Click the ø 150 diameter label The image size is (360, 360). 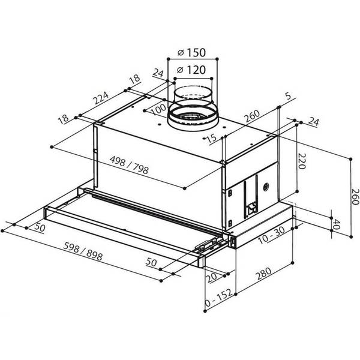click(192, 53)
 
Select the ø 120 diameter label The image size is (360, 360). click(191, 70)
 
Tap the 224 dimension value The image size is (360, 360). click(101, 98)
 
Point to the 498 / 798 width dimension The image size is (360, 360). click(129, 165)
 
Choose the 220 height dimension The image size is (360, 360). click(302, 161)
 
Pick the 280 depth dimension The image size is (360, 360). click(264, 274)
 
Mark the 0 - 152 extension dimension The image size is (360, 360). click(218, 298)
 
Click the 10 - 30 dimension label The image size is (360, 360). click(272, 235)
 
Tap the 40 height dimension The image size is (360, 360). click(335, 224)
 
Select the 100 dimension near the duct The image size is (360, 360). click(158, 109)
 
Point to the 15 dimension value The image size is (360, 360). click(211, 139)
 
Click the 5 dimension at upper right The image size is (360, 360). click(288, 96)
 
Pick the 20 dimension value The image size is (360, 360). click(212, 278)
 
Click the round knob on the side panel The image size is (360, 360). click(266, 187)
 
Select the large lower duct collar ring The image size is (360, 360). click(193, 118)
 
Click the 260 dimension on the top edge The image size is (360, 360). click(251, 116)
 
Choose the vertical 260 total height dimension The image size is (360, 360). click(355, 197)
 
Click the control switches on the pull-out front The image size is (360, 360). click(208, 245)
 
